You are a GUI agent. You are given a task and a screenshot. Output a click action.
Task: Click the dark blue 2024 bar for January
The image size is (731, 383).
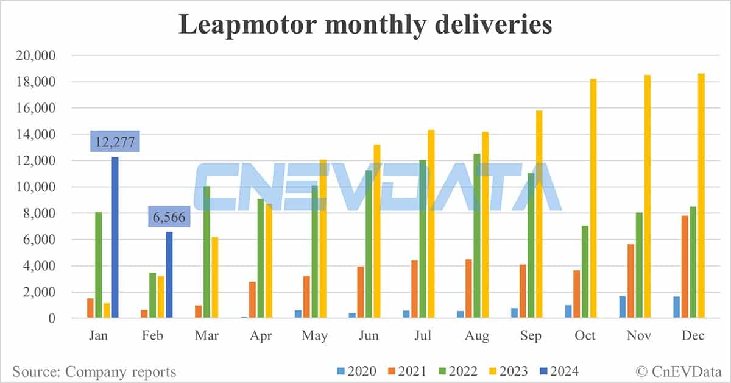click(115, 238)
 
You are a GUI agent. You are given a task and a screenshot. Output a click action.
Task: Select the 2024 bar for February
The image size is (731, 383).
click(169, 275)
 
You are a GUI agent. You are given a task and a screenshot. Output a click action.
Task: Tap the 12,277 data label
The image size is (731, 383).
click(115, 143)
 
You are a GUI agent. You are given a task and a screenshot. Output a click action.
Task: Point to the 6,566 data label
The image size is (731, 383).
click(169, 217)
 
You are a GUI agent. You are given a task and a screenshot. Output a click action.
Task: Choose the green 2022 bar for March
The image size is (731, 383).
click(207, 252)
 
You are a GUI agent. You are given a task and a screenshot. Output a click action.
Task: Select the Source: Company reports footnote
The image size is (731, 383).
click(94, 371)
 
